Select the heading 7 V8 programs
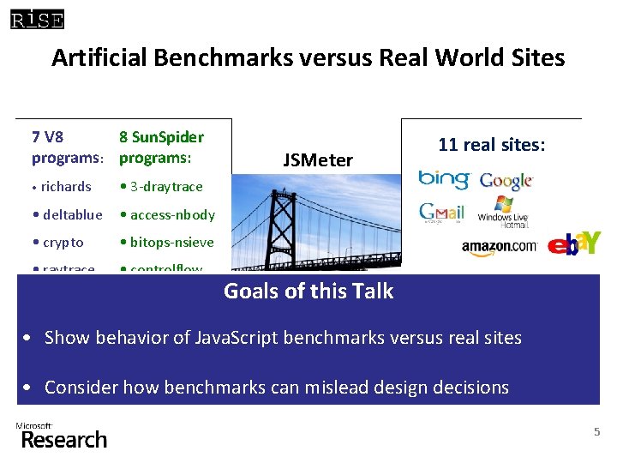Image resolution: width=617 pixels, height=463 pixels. click(67, 147)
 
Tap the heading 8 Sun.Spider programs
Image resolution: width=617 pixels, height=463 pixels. click(161, 147)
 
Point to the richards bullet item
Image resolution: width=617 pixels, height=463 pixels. click(62, 186)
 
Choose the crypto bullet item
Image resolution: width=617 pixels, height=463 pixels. click(58, 243)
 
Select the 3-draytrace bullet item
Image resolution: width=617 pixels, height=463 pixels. click(161, 186)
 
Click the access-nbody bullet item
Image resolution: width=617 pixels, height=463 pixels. click(167, 214)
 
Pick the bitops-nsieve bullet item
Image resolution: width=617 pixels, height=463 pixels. click(166, 243)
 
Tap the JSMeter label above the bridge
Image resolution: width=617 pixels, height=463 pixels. click(318, 160)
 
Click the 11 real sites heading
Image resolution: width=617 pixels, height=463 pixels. click(491, 145)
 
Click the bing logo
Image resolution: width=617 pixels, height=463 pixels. click(443, 179)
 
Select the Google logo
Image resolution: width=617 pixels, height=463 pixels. click(506, 181)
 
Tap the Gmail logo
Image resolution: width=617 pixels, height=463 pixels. click(441, 212)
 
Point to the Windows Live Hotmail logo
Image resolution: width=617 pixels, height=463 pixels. click(503, 212)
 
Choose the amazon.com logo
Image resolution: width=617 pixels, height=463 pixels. click(499, 247)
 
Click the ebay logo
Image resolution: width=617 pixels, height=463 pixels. click(574, 244)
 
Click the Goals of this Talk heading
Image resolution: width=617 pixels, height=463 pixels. click(308, 291)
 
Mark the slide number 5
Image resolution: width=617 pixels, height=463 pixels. click(597, 432)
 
